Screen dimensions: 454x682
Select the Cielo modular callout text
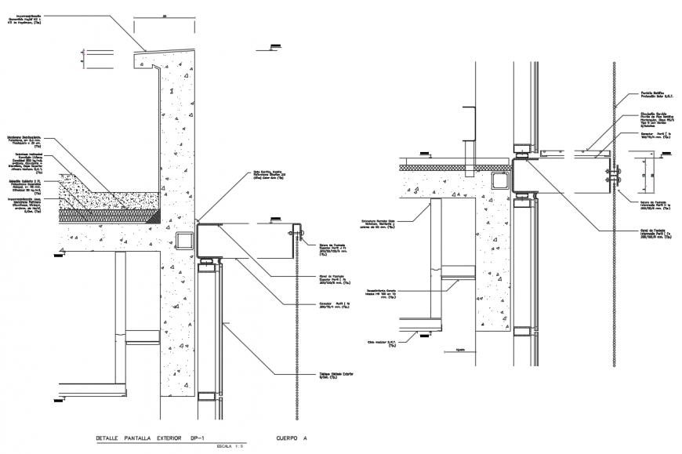click(x=381, y=342)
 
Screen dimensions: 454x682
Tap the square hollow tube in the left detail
click(x=185, y=239)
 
